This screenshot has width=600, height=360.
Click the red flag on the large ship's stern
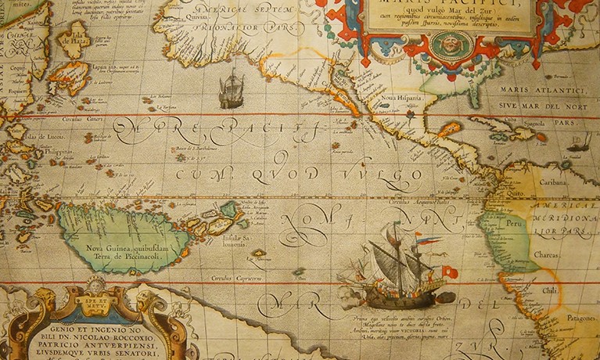click(x=448, y=272)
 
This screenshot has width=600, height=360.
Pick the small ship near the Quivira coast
click(x=230, y=91)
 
